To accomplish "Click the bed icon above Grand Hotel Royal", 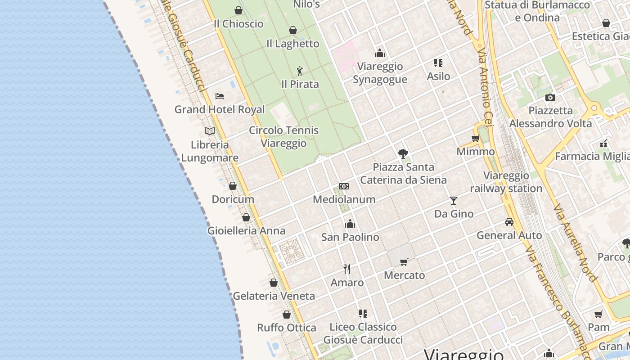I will (x=220, y=96).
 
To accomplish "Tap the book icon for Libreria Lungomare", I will (x=209, y=131).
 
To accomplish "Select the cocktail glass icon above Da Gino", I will (x=453, y=200).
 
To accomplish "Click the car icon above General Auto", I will (x=509, y=222).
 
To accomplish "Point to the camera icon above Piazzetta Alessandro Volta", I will (x=550, y=97).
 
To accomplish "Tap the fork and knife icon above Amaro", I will (x=347, y=269).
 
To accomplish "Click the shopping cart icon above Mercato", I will (x=404, y=262).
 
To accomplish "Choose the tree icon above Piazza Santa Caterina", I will (x=403, y=154).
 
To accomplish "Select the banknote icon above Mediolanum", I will (x=344, y=186).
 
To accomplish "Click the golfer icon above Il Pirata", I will (x=300, y=71).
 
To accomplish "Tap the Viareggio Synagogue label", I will (x=380, y=73).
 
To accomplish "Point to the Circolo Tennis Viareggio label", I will (x=283, y=137).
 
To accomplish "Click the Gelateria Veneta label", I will (x=274, y=296).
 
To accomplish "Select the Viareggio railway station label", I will (x=506, y=182).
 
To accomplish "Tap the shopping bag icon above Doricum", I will (x=233, y=186).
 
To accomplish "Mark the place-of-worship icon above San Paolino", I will (x=350, y=224).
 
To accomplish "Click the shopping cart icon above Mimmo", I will (x=475, y=138).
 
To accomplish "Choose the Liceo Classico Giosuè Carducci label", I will (x=363, y=333).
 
